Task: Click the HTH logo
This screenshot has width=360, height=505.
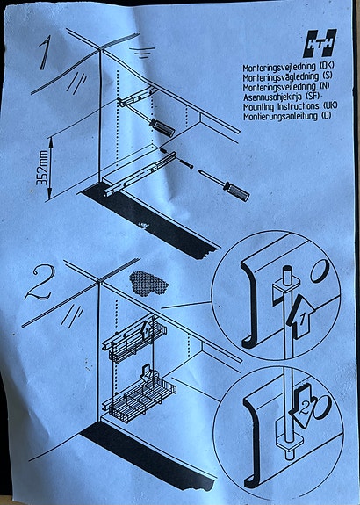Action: (x=319, y=44)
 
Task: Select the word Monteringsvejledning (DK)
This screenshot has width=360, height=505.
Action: (x=288, y=67)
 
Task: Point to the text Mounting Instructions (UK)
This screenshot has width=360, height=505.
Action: (x=288, y=106)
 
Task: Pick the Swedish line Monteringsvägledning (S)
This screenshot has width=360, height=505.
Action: (x=286, y=76)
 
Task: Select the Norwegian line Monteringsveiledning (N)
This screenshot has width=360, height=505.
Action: (x=287, y=86)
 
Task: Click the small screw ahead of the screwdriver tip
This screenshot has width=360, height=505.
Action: (x=184, y=164)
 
